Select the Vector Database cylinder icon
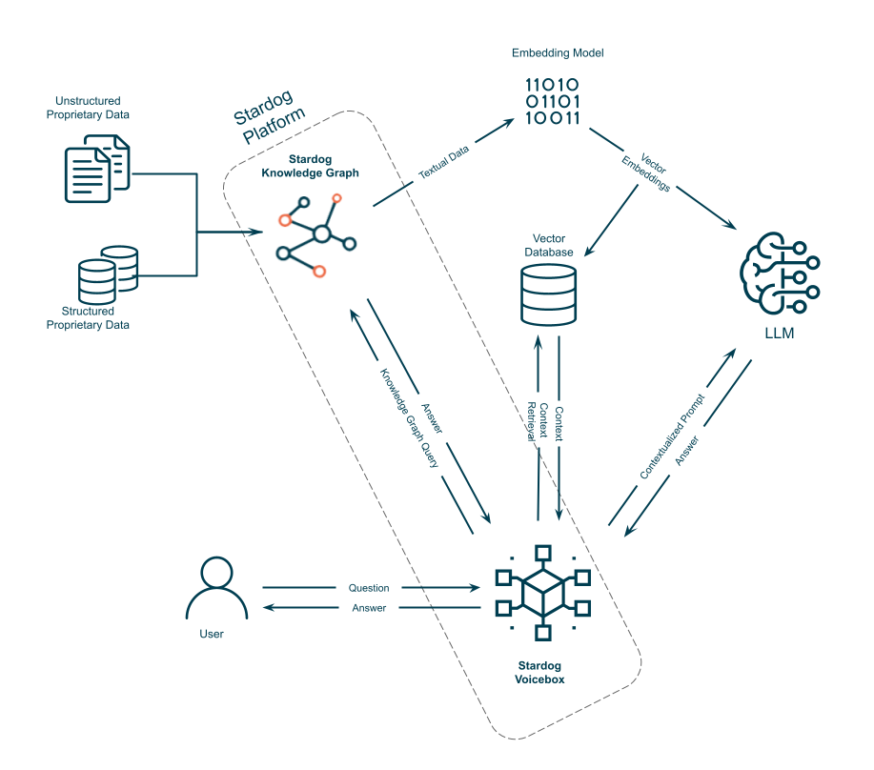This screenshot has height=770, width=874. [x=549, y=294]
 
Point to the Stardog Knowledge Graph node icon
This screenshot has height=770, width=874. [x=315, y=234]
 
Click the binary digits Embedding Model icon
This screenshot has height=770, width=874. [x=553, y=102]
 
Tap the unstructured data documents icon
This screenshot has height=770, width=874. [x=96, y=167]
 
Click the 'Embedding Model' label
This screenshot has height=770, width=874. [x=557, y=52]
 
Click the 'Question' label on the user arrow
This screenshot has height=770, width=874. [x=368, y=588]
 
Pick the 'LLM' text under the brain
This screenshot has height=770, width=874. [x=779, y=334]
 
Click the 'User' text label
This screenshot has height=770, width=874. [x=212, y=634]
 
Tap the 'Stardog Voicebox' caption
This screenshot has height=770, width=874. [x=540, y=672]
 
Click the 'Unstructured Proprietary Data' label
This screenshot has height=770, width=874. [x=91, y=108]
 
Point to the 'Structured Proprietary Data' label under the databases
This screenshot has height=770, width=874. [x=95, y=317]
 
